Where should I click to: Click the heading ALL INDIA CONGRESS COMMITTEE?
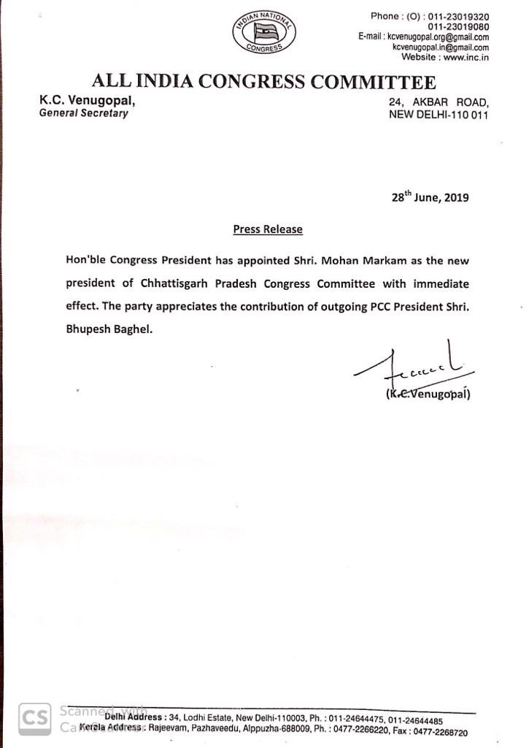click(x=263, y=81)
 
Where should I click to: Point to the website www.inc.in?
click(x=466, y=57)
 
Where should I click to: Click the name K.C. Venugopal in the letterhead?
click(x=87, y=101)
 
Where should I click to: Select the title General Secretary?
click(x=84, y=113)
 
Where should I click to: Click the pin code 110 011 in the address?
click(x=469, y=115)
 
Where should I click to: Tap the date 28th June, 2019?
click(x=430, y=197)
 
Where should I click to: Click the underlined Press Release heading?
click(x=268, y=229)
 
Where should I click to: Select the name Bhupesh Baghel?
click(x=109, y=329)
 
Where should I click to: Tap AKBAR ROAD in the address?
click(x=451, y=103)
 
